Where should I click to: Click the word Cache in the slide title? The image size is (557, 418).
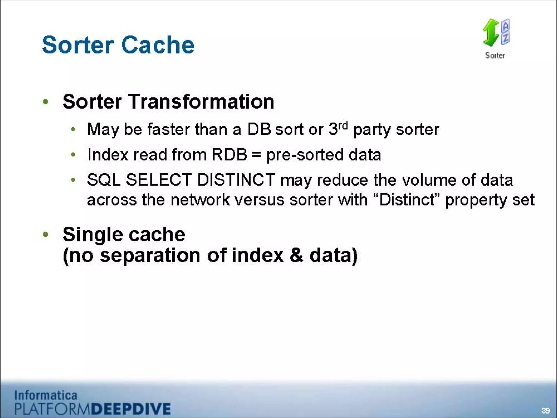tap(158, 45)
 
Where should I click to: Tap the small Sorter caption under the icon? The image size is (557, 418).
tap(495, 56)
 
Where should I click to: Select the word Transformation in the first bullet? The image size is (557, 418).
tap(201, 102)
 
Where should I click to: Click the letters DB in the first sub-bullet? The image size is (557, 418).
tap(259, 129)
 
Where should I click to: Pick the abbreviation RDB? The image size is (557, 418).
tap(229, 155)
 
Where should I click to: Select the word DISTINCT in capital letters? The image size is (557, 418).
tap(236, 180)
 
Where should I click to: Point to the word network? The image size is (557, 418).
tap(200, 200)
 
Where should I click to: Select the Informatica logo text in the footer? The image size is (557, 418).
tap(46, 395)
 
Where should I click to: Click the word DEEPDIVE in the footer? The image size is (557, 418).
tap(131, 409)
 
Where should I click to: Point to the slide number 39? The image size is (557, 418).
tap(545, 411)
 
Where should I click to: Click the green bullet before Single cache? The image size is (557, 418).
tap(45, 234)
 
